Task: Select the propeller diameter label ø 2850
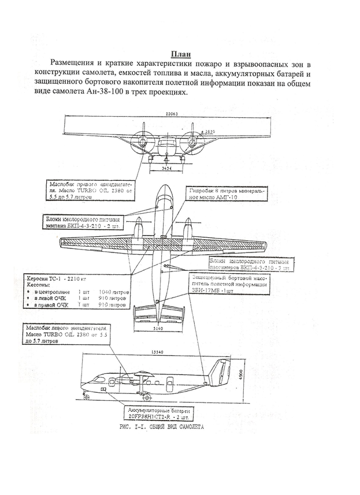[x=207, y=133]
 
